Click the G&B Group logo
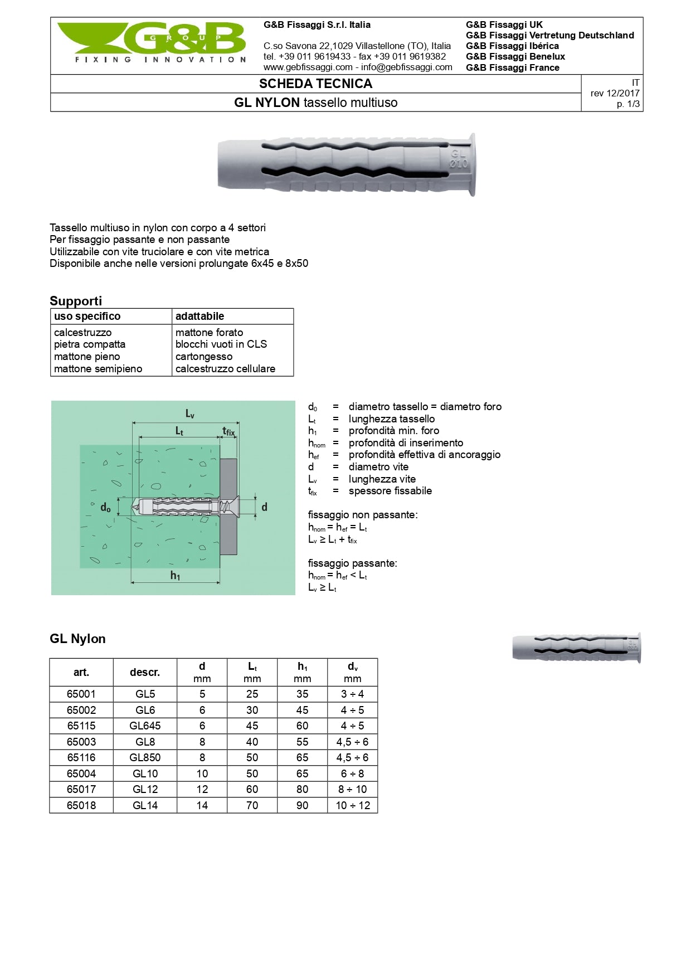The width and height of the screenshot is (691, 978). [152, 43]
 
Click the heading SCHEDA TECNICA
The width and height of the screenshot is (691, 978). [315, 84]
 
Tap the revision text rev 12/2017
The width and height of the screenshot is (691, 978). [615, 93]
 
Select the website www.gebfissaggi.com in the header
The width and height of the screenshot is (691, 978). [308, 67]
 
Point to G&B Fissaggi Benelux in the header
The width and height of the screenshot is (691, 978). [515, 56]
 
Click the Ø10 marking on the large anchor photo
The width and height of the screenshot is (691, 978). [459, 164]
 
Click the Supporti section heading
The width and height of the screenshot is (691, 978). [76, 301]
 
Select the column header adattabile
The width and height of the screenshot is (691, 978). [199, 317]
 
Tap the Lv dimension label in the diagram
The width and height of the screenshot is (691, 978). [189, 413]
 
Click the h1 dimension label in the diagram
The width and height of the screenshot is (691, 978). [175, 576]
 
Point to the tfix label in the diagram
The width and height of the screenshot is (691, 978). [228, 431]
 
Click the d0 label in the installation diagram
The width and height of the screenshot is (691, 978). [105, 508]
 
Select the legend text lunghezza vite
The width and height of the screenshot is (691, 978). [382, 479]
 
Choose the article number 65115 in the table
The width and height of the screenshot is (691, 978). [81, 726]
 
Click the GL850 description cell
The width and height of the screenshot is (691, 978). [145, 757]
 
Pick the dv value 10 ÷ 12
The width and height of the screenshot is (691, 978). [352, 805]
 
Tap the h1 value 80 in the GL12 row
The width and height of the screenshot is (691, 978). [302, 789]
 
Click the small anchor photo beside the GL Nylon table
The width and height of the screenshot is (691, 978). [576, 648]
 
